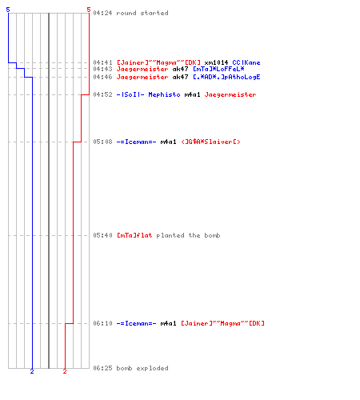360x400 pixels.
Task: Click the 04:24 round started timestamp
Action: pos(102,13)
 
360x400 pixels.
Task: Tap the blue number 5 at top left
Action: pos(8,10)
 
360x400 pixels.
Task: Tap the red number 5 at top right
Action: pos(89,10)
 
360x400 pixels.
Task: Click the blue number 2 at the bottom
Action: pos(32,371)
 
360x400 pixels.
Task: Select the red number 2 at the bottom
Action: pos(65,371)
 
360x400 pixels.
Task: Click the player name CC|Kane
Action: pos(246,62)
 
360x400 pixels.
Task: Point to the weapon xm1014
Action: pos(216,62)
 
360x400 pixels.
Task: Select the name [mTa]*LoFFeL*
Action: pos(218,69)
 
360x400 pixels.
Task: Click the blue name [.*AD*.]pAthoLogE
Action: pos(226,77)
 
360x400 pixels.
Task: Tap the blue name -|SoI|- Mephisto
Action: pos(149,94)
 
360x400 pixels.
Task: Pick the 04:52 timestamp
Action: pos(102,94)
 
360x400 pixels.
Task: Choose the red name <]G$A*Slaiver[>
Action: pos(210,142)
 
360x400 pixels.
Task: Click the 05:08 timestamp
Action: pos(102,142)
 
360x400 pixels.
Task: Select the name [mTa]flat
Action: pos(134,235)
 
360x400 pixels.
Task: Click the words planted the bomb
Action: pos(188,235)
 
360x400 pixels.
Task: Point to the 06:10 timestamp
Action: pos(102,323)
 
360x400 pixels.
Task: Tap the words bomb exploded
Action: pos(142,368)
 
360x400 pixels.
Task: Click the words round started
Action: pos(142,13)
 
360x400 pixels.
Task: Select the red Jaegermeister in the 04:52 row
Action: pos(230,94)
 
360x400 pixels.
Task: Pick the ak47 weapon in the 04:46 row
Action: pos(180,77)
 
